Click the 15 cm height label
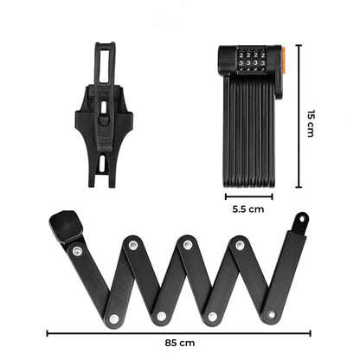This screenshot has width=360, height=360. coord(312,121)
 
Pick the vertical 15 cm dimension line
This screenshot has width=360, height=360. coord(299,117)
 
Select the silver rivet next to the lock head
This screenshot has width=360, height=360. coord(78,251)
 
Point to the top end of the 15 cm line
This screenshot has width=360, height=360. coord(299,46)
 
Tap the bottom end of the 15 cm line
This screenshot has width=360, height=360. coord(299,187)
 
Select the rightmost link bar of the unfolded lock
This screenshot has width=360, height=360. coord(286,268)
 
